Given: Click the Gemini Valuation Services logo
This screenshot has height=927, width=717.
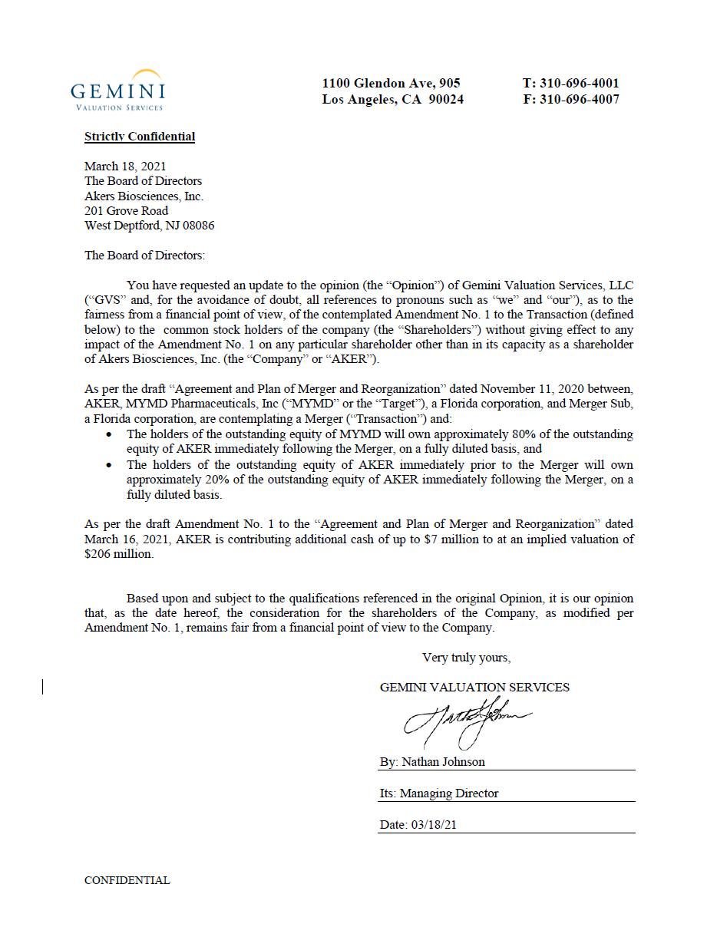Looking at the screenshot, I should [117, 91].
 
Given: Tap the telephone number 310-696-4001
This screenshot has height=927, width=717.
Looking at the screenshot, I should [580, 83].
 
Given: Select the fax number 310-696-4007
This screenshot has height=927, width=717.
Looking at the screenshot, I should [580, 99].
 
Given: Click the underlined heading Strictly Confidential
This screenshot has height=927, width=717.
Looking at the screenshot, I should [140, 137].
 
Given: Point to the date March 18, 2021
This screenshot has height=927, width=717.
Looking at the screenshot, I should [125, 166].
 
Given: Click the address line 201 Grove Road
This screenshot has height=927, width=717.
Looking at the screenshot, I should [126, 210].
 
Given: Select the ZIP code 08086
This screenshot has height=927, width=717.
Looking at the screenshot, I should [198, 226].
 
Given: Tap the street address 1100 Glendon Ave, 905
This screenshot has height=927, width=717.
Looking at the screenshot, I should [391, 83].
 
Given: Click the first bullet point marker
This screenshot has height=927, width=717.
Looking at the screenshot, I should [111, 434].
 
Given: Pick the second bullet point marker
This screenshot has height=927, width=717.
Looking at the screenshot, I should [111, 465].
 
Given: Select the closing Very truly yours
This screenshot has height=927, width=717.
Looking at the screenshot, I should [466, 658].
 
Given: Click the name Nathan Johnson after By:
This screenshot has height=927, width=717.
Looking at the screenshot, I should [443, 762].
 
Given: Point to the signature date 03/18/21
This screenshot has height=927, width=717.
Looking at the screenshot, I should [435, 825].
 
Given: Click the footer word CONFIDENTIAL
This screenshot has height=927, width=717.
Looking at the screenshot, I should [127, 880].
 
